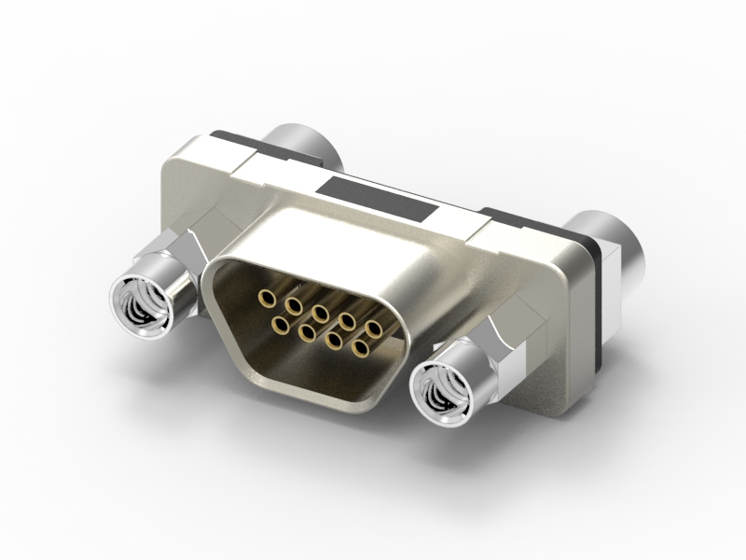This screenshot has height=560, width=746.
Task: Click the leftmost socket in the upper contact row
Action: tap(269, 299)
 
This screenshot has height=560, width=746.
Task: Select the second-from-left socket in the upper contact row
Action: tap(295, 304)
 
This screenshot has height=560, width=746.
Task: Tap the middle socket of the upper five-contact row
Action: tap(321, 312)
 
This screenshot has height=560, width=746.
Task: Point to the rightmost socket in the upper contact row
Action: tap(375, 328)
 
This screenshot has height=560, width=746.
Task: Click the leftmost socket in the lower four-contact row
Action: tap(279, 324)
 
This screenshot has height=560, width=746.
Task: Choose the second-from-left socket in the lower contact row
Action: tap(306, 331)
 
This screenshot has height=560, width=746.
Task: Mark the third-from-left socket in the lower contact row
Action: tap(334, 340)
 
